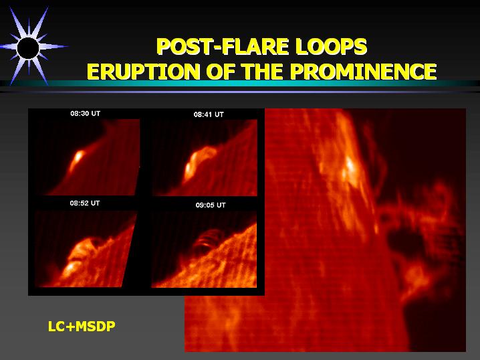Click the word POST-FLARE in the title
[x=223, y=47]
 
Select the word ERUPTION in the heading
[x=144, y=72]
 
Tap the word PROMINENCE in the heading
[x=364, y=72]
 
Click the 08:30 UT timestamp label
[x=85, y=114]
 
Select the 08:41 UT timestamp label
[x=209, y=114]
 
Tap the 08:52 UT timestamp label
[x=84, y=203]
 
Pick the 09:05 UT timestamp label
[x=211, y=205]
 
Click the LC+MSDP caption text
[x=82, y=327]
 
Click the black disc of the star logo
[x=28, y=48]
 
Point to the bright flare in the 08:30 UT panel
[x=76, y=159]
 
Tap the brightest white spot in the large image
[x=350, y=165]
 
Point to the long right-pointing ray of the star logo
[x=53, y=47]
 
